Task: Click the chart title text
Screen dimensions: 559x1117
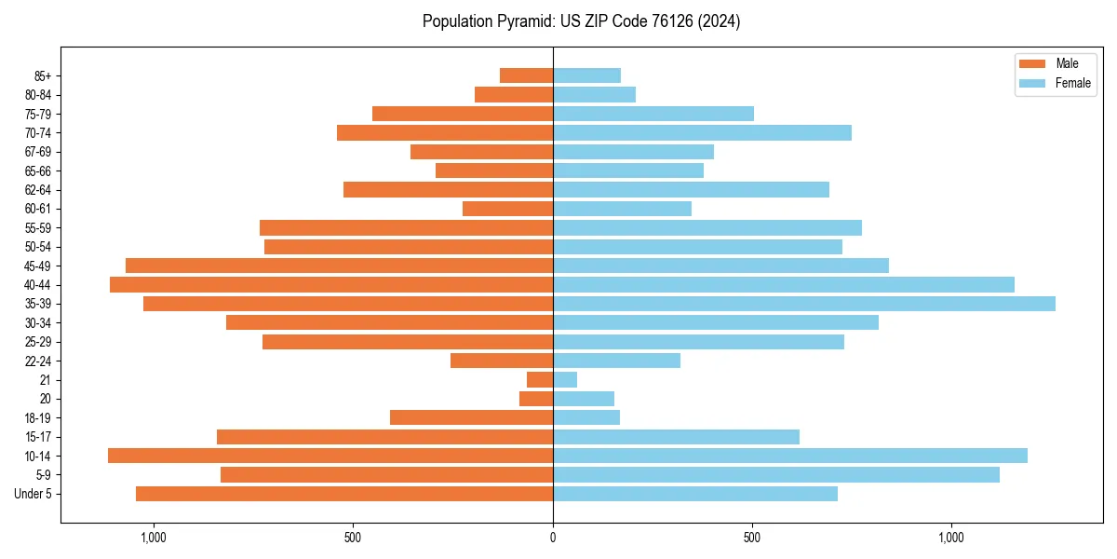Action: coord(581,21)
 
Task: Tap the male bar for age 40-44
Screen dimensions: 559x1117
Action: coord(331,285)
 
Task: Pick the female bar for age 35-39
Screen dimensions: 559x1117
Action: coord(804,304)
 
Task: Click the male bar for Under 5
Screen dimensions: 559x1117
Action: coord(344,494)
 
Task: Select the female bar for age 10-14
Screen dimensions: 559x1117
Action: coord(790,456)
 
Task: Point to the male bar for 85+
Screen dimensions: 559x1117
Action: coord(526,75)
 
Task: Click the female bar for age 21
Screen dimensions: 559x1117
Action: coord(565,380)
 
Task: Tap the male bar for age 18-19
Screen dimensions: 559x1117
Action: coord(471,417)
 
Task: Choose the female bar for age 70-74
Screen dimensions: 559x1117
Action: coord(702,133)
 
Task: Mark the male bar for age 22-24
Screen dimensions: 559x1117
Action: coord(502,361)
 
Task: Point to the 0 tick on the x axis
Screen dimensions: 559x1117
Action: coord(553,538)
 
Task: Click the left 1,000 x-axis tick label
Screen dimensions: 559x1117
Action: coord(154,538)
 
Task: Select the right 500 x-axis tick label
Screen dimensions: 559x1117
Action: coord(752,538)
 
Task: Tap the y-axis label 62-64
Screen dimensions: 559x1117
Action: coord(38,190)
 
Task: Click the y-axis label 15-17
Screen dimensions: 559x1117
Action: coord(38,437)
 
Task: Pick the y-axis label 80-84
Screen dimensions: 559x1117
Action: coord(38,95)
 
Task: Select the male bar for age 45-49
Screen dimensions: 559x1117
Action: coord(339,266)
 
